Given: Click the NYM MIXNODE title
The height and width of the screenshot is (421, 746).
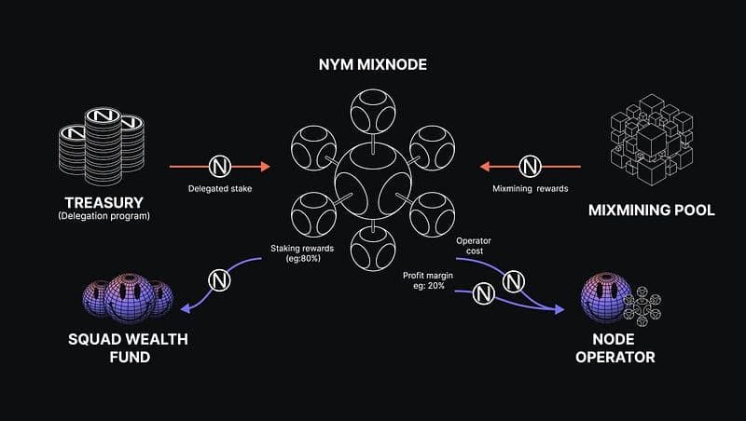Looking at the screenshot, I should click(371, 68).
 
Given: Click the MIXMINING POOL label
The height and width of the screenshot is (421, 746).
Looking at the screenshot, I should click(652, 210).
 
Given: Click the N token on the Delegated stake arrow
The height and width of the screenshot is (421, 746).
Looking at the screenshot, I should click(220, 168).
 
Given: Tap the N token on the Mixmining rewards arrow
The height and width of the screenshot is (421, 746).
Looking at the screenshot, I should click(531, 168).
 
